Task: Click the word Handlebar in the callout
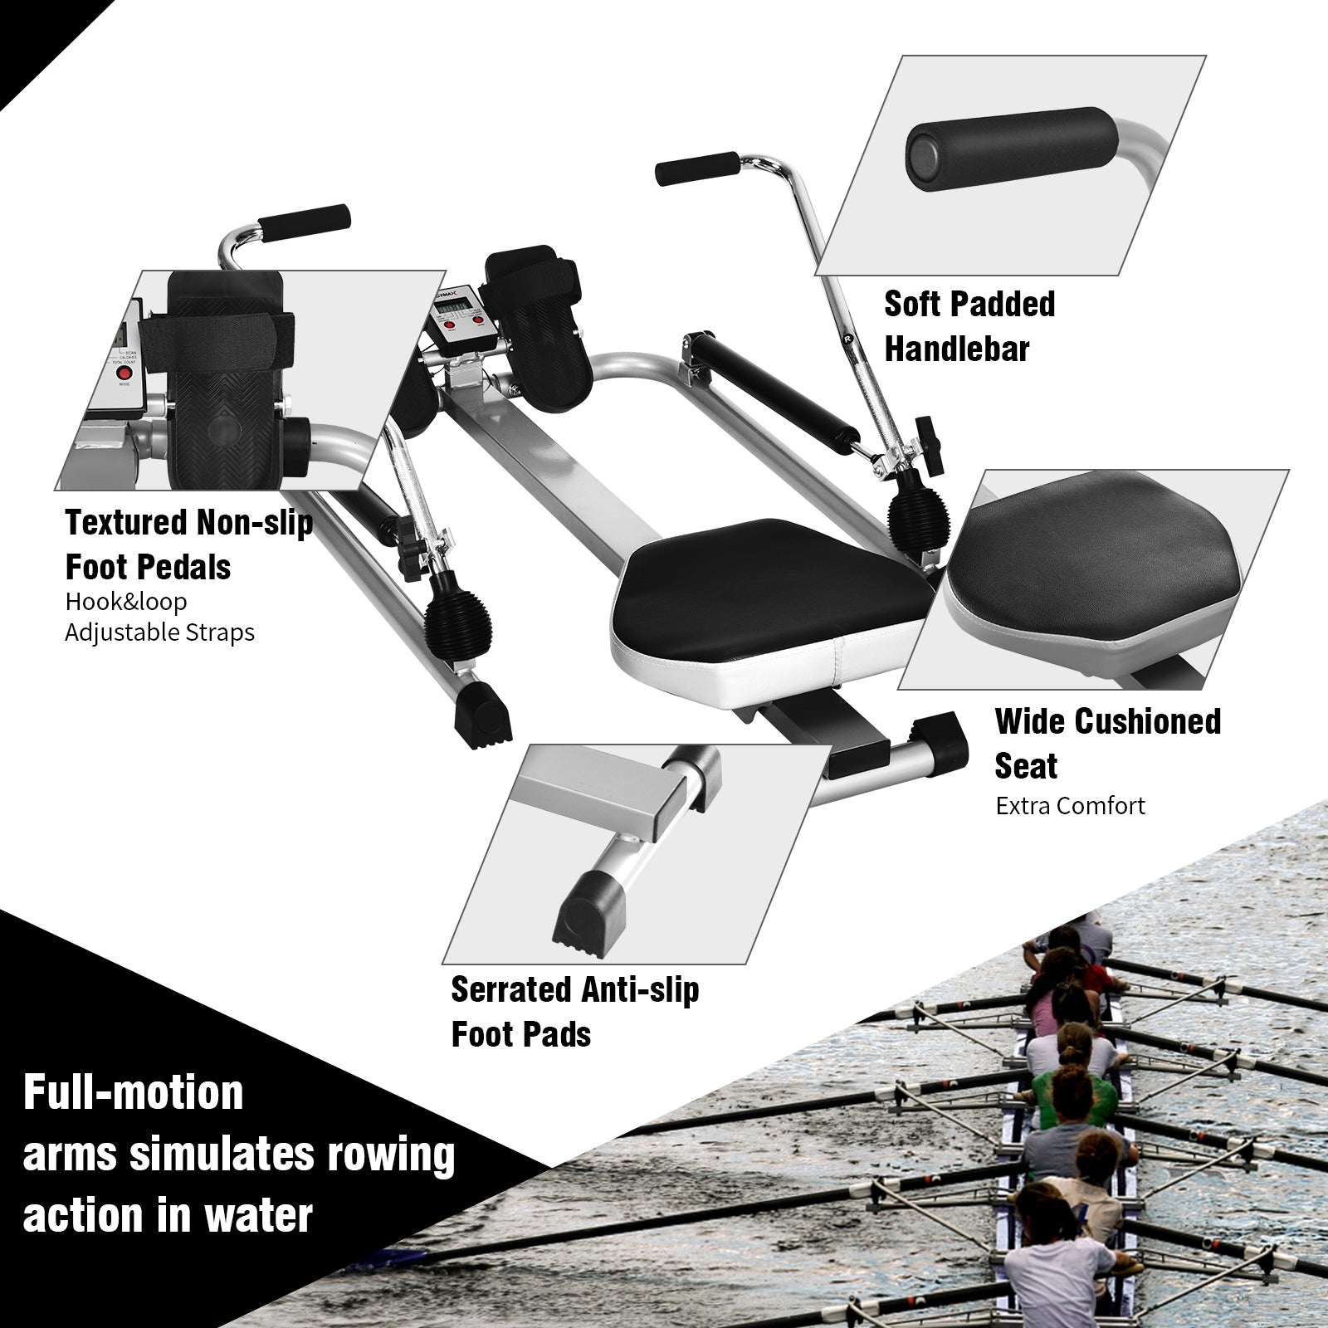pos(956,349)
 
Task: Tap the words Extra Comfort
pos(1070,805)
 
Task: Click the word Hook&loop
pos(125,601)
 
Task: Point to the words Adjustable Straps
pos(159,632)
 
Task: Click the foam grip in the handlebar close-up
pos(1008,150)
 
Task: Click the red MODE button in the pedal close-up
pos(124,374)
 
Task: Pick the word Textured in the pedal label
pos(127,523)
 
